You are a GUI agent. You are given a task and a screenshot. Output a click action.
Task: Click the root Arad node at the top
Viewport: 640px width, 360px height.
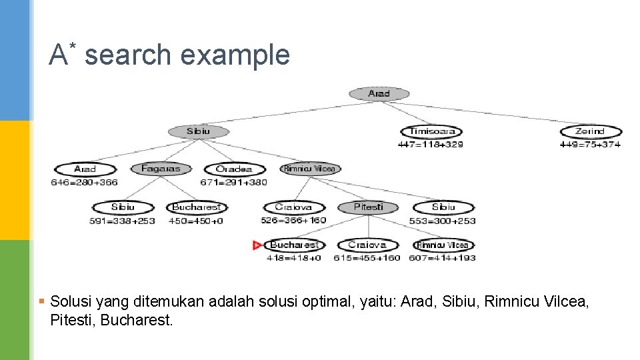coord(379,94)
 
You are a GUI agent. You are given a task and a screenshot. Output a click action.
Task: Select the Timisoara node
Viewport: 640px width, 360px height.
coord(431,131)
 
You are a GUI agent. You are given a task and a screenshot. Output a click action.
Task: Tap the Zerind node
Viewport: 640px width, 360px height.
coord(590,131)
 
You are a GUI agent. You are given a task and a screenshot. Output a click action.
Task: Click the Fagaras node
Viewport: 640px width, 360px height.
coord(161,169)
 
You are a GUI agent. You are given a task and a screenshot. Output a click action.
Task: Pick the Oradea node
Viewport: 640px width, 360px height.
coord(234,169)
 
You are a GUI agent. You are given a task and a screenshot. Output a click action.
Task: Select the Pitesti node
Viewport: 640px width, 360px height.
coord(368,207)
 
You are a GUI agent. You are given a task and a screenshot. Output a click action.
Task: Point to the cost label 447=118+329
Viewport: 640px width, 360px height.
coord(430,144)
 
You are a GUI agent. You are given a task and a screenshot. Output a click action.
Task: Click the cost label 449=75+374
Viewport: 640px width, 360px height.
coord(590,144)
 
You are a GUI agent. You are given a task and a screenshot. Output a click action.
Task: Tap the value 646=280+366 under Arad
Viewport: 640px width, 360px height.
coord(84,182)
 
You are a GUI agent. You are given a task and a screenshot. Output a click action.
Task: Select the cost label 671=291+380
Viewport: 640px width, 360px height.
coord(233,182)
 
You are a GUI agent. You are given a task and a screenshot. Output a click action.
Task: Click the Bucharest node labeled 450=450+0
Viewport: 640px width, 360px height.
coord(196,207)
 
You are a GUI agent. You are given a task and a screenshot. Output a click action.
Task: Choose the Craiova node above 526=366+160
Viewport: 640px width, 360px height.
coord(293,207)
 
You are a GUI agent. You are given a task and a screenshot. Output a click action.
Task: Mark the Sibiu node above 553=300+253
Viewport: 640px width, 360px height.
coord(443,207)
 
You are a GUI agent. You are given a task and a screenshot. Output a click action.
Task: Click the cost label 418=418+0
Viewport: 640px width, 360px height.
coord(294,258)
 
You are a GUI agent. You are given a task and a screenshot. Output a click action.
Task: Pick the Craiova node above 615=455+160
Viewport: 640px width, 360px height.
coord(367,245)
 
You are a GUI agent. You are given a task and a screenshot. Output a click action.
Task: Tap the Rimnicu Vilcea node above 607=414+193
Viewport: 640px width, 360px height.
coord(443,245)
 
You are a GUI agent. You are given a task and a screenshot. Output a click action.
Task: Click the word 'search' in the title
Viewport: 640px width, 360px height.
coord(128,55)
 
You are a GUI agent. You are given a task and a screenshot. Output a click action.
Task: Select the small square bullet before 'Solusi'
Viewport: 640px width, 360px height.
coord(41,302)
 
